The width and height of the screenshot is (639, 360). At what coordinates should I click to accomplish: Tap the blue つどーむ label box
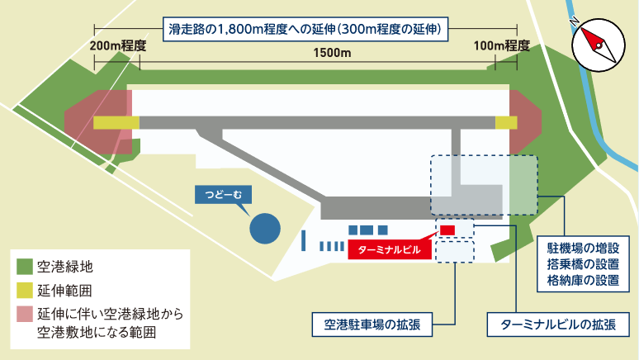click(220, 195)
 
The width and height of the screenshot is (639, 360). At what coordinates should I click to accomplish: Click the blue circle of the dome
click(264, 229)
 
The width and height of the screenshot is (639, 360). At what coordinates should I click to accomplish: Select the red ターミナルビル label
click(389, 248)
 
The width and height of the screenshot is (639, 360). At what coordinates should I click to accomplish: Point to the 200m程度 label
click(117, 45)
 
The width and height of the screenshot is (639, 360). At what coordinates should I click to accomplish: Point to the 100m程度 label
click(502, 45)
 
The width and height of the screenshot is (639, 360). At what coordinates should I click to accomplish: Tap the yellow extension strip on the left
click(116, 122)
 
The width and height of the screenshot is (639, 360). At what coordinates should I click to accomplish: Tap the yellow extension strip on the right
click(505, 122)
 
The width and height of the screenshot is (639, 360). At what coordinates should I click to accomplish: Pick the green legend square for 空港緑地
click(25, 267)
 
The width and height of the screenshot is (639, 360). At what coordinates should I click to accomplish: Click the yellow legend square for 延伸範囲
click(25, 291)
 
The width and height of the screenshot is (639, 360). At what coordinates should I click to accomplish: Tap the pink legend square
click(25, 315)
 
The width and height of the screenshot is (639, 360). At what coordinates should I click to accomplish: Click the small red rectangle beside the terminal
click(447, 229)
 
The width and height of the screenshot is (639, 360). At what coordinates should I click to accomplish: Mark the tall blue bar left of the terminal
click(304, 241)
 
